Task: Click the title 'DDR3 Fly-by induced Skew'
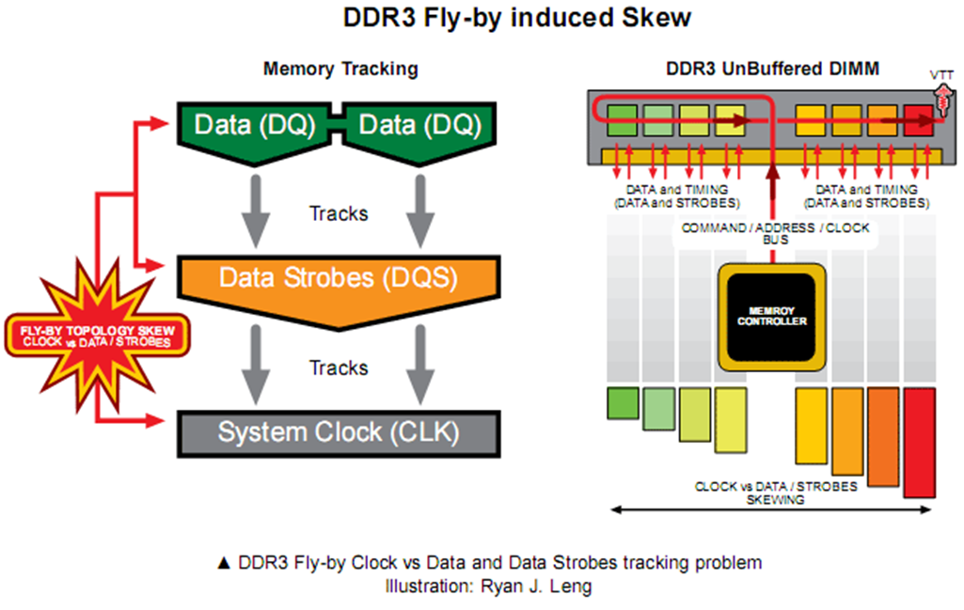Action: (x=482, y=20)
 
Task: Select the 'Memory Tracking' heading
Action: (x=340, y=69)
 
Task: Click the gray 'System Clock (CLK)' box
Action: (x=338, y=432)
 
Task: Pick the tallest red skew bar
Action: (x=919, y=442)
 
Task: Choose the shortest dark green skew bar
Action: (x=622, y=402)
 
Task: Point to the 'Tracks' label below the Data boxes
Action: (x=339, y=213)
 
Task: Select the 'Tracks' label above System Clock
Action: (x=339, y=367)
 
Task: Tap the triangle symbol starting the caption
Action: (x=224, y=564)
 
